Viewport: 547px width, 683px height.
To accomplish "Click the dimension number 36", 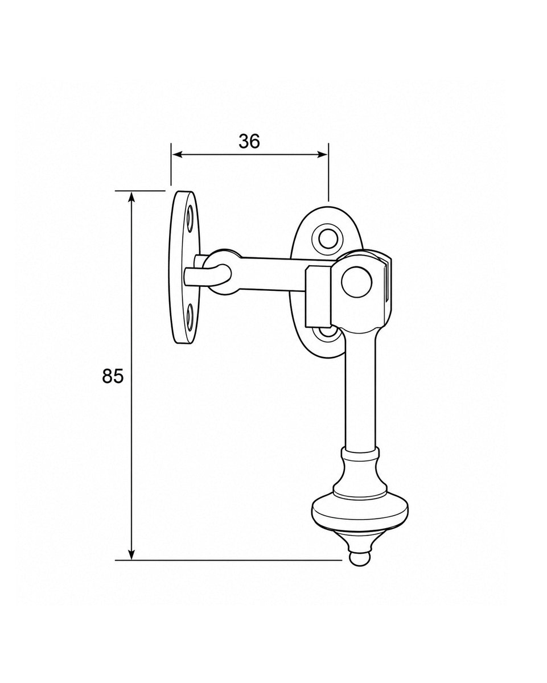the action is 249,141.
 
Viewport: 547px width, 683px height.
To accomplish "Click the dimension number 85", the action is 112,377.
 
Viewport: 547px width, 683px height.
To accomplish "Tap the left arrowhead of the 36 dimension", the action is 176,155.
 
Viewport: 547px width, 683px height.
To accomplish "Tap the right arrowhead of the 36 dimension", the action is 322,155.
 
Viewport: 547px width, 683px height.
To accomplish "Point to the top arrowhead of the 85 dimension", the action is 131,197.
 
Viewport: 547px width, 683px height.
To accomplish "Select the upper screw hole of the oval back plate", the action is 328,239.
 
